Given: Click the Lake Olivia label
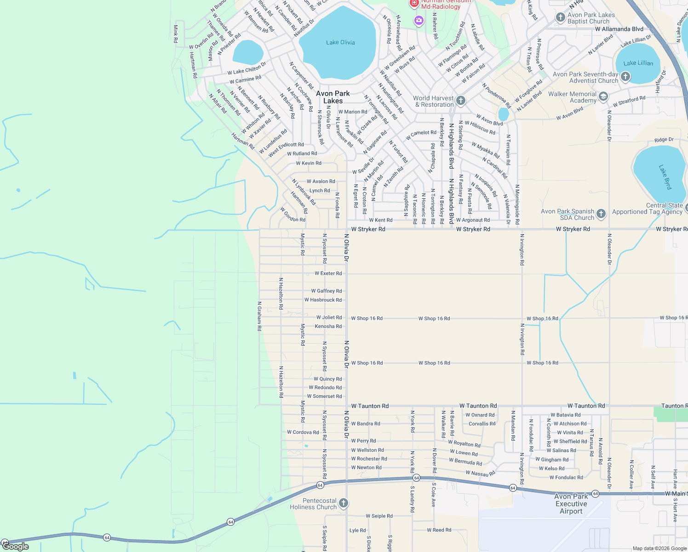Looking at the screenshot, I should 340,42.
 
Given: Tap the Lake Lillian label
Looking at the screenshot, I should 638,63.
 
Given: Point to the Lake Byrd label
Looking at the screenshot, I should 665,177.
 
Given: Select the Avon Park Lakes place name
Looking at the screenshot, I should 333,97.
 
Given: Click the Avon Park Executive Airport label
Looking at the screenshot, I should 571,504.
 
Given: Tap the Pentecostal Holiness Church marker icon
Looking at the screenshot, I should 344,503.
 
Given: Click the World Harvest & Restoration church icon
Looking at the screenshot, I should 461,101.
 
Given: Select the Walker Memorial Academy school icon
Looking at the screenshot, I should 603,97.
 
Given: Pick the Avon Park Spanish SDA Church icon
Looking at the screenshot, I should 601,214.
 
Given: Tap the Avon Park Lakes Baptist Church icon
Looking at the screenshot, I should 560,17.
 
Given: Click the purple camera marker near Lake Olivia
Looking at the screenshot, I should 419,20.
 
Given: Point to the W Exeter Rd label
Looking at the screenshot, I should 328,273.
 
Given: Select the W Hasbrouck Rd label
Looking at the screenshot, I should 323,300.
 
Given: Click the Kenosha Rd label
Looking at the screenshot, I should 328,327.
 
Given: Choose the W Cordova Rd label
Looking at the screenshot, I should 303,432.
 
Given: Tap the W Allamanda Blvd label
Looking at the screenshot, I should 619,29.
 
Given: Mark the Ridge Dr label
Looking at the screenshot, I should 664,139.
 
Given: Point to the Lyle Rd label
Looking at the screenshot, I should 357,530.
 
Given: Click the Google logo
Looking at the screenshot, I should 15,546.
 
